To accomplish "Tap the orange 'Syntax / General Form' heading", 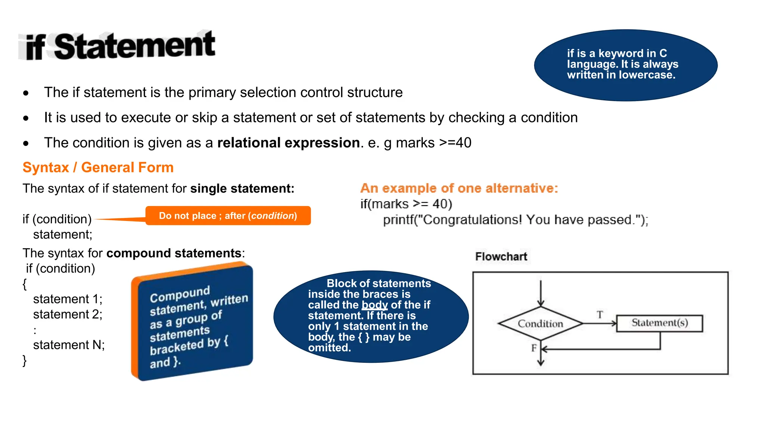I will point(98,167).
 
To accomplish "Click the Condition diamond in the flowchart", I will point(540,324).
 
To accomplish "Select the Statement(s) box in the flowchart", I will point(659,323).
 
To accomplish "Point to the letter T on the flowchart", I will point(600,315).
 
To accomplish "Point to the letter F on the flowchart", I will point(534,348).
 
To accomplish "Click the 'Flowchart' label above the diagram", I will point(501,256).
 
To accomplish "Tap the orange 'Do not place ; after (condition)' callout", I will point(228,216).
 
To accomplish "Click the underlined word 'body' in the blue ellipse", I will point(375,305).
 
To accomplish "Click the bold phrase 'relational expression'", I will point(288,143).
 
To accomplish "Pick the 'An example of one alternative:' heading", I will point(459,188).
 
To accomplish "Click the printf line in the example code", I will point(515,219).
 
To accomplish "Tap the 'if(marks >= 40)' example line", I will point(406,204).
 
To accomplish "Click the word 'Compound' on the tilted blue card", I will point(180,294).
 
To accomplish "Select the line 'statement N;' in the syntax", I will point(69,345).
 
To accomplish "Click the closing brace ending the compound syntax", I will point(25,361).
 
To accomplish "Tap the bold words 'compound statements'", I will point(174,253).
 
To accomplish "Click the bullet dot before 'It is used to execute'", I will point(26,118).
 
